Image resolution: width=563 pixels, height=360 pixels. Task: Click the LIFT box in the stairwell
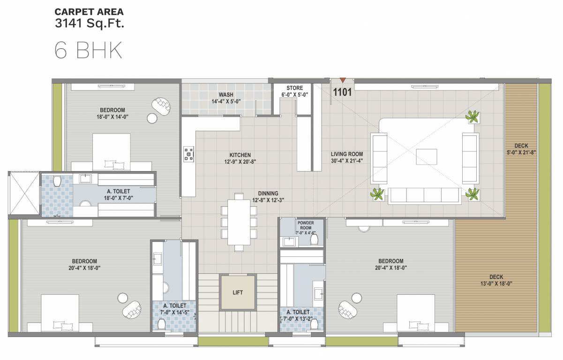pos(238,292)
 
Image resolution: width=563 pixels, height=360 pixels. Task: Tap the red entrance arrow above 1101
pos(343,81)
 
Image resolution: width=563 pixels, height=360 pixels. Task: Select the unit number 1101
pos(342,92)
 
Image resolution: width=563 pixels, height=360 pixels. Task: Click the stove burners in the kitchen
pos(189,154)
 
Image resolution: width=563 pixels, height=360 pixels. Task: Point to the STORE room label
pos(295,88)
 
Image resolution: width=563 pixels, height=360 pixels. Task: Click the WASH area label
pos(226,95)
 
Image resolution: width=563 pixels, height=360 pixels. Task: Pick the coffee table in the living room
pos(426,156)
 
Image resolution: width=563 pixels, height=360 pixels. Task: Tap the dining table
pos(239,222)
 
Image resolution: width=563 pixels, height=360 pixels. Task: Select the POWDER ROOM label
pos(305,225)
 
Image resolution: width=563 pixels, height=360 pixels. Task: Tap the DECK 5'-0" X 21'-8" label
pos(521,149)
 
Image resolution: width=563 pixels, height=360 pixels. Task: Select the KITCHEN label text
pos(240,155)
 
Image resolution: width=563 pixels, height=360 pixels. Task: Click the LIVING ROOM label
pos(347,154)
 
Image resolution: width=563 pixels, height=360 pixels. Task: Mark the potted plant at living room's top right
pos(473,116)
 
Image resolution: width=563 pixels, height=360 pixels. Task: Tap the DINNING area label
pos(268,193)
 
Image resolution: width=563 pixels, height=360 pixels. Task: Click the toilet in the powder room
pos(315,240)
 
